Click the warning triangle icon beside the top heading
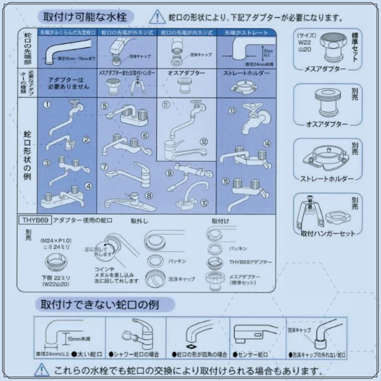tap(157, 17)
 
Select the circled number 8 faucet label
tap(149, 196)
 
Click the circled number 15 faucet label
tap(226, 181)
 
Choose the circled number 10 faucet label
tap(204, 203)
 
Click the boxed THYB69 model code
tap(36, 220)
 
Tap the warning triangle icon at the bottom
tap(39, 370)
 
